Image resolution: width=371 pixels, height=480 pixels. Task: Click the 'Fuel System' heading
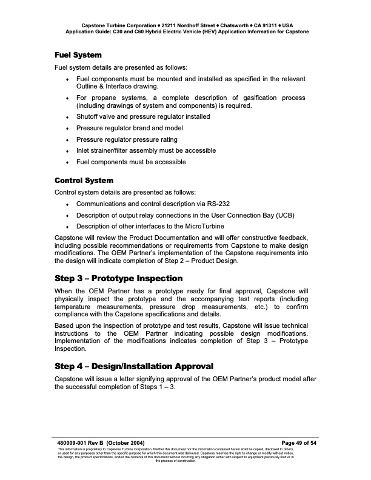[x=78, y=55]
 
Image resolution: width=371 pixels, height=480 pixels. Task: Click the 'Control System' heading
[x=84, y=181]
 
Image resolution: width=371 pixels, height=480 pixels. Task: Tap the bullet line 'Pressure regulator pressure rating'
[x=127, y=139]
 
